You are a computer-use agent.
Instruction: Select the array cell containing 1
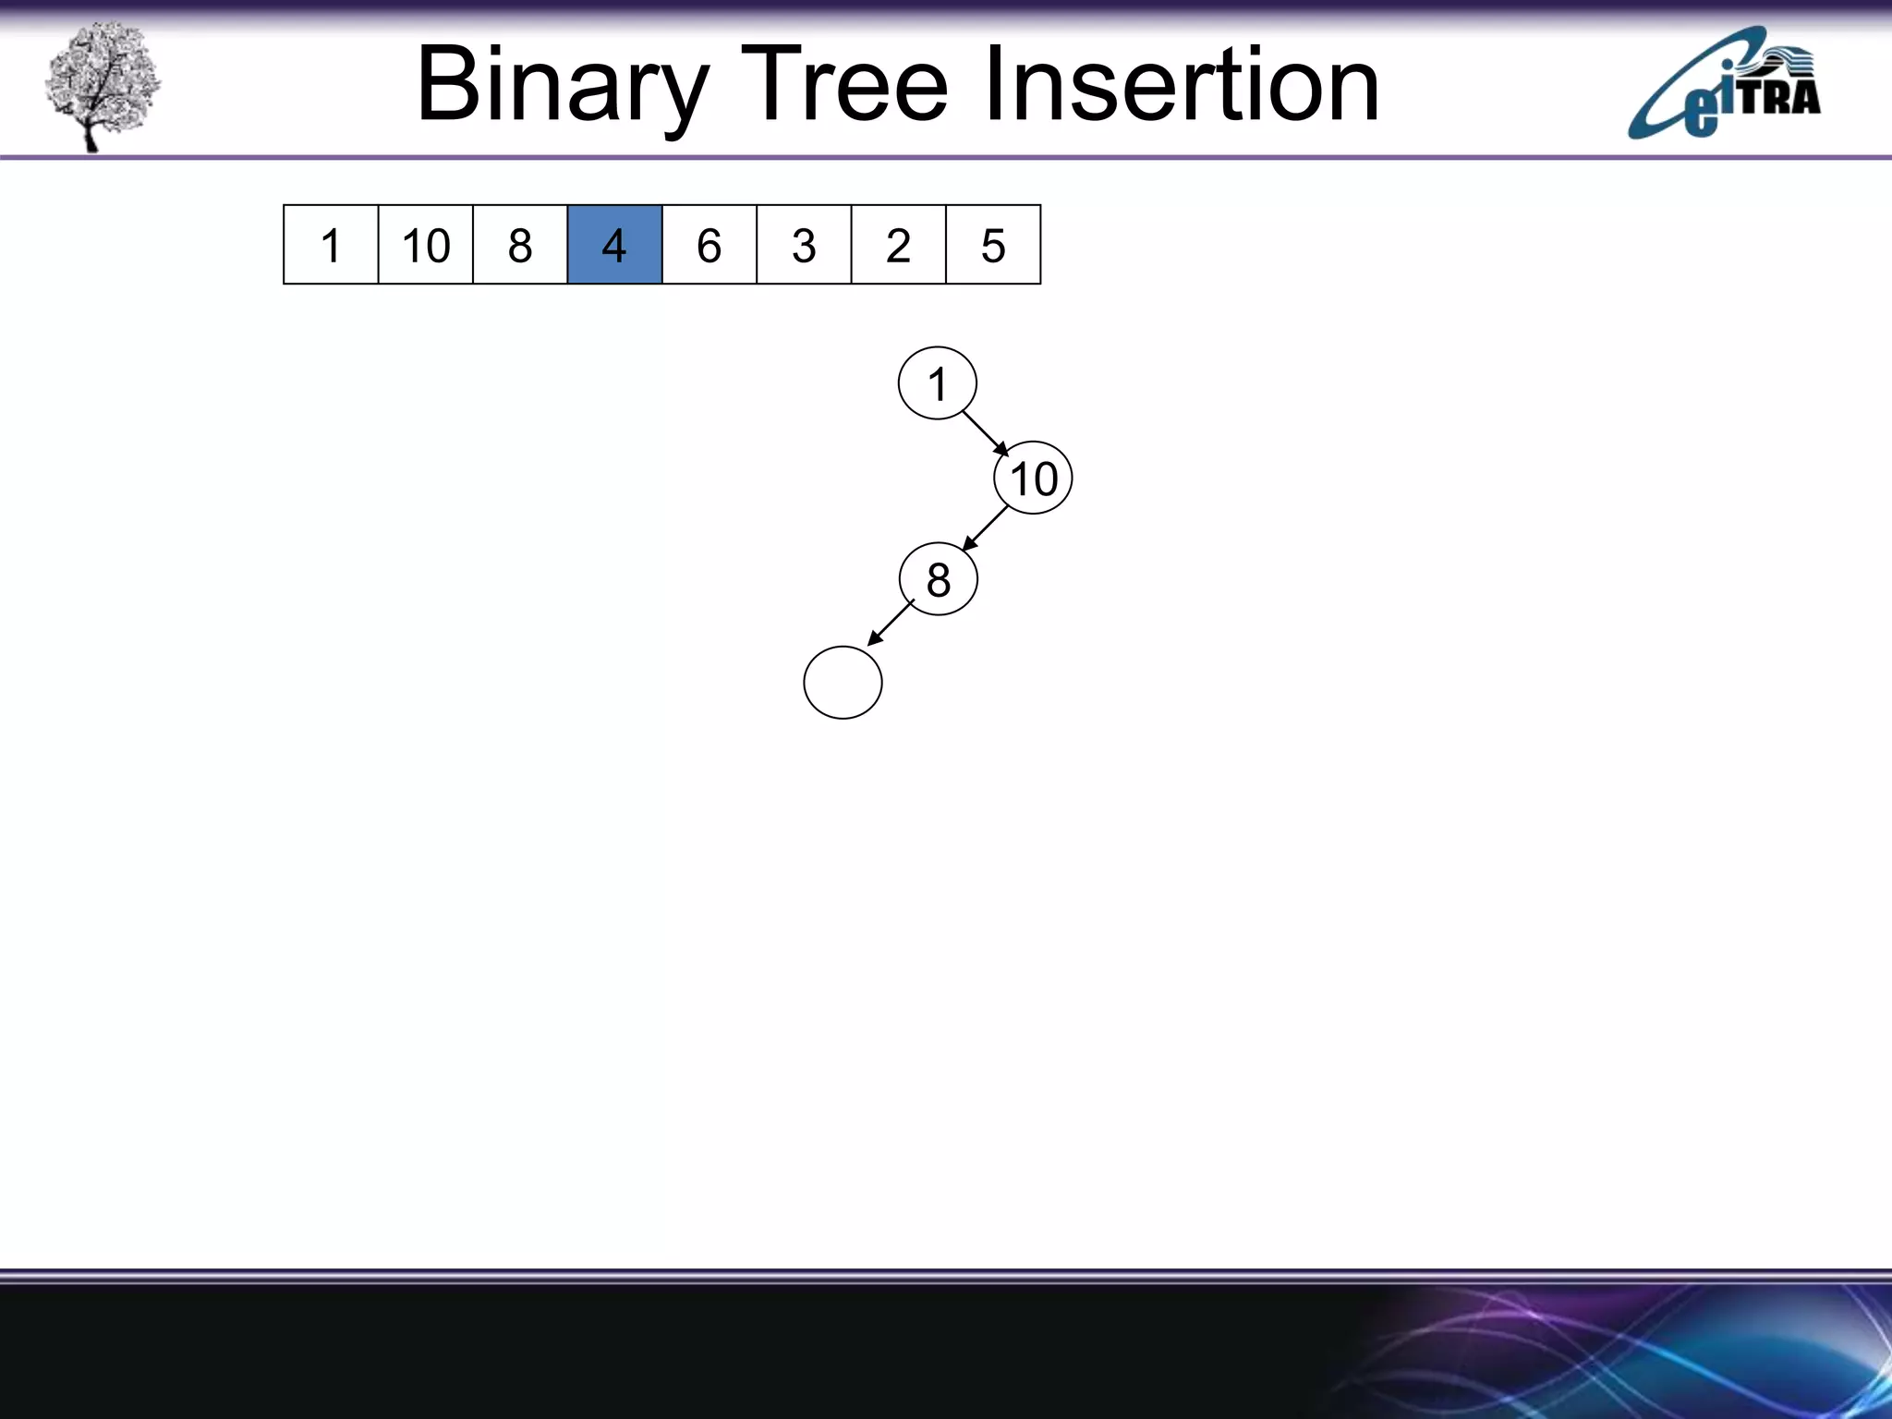pos(331,245)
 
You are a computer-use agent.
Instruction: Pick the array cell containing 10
pos(426,245)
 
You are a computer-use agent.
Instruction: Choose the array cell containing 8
pos(520,245)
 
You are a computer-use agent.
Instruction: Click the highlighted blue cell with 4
pos(614,245)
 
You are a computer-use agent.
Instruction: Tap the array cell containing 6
pos(709,245)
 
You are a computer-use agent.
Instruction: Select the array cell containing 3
pos(804,245)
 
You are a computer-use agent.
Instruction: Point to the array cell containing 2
pos(898,245)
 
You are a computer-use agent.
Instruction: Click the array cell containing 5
pos(993,245)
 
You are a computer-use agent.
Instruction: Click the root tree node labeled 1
pos(938,383)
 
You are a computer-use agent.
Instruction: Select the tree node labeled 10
pos(1033,479)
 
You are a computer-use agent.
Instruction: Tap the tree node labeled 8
pos(938,579)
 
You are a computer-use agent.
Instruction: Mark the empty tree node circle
pos(843,683)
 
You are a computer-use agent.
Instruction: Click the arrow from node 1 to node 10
pos(986,433)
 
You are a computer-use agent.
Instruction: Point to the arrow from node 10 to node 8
pos(986,528)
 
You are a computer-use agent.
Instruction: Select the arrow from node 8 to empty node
pos(891,623)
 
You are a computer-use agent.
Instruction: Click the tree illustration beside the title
pos(102,85)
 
